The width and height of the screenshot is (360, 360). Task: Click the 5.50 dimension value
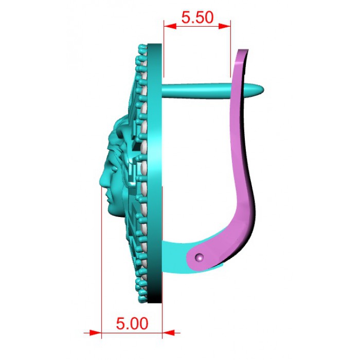click(x=197, y=17)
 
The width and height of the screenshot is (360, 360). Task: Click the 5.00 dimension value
click(x=132, y=323)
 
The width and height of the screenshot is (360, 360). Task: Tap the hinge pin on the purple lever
click(x=200, y=257)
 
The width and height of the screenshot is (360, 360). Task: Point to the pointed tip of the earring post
click(x=263, y=89)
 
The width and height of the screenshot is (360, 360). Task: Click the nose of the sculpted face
click(x=101, y=180)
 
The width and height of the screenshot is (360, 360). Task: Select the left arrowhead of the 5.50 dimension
click(x=170, y=26)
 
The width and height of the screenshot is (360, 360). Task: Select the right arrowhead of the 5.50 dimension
click(x=224, y=26)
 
